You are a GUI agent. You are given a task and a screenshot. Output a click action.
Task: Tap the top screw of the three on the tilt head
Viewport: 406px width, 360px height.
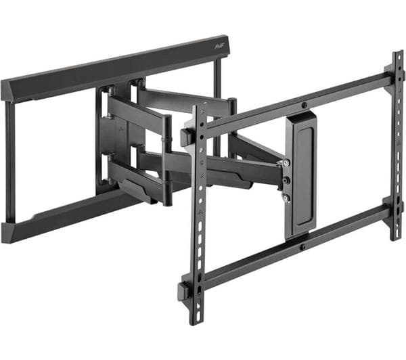coord(288,163)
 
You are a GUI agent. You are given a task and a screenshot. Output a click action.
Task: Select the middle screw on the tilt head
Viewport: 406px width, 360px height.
coord(286,181)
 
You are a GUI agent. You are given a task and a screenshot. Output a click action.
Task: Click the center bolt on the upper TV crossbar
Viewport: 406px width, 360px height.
coord(304,105)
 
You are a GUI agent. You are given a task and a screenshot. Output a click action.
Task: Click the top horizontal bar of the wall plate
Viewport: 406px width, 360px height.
coord(115,67)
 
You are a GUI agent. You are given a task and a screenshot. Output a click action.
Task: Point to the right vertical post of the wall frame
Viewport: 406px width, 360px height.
coord(217,108)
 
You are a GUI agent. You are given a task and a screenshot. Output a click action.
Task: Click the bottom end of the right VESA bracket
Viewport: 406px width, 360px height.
coord(397,236)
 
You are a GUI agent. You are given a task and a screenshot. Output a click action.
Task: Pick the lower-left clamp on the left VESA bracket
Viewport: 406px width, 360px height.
coord(184,291)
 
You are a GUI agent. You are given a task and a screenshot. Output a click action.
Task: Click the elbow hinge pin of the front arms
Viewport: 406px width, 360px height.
coord(166,159)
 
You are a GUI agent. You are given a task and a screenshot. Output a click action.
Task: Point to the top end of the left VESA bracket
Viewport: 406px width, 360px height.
coord(198,108)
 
